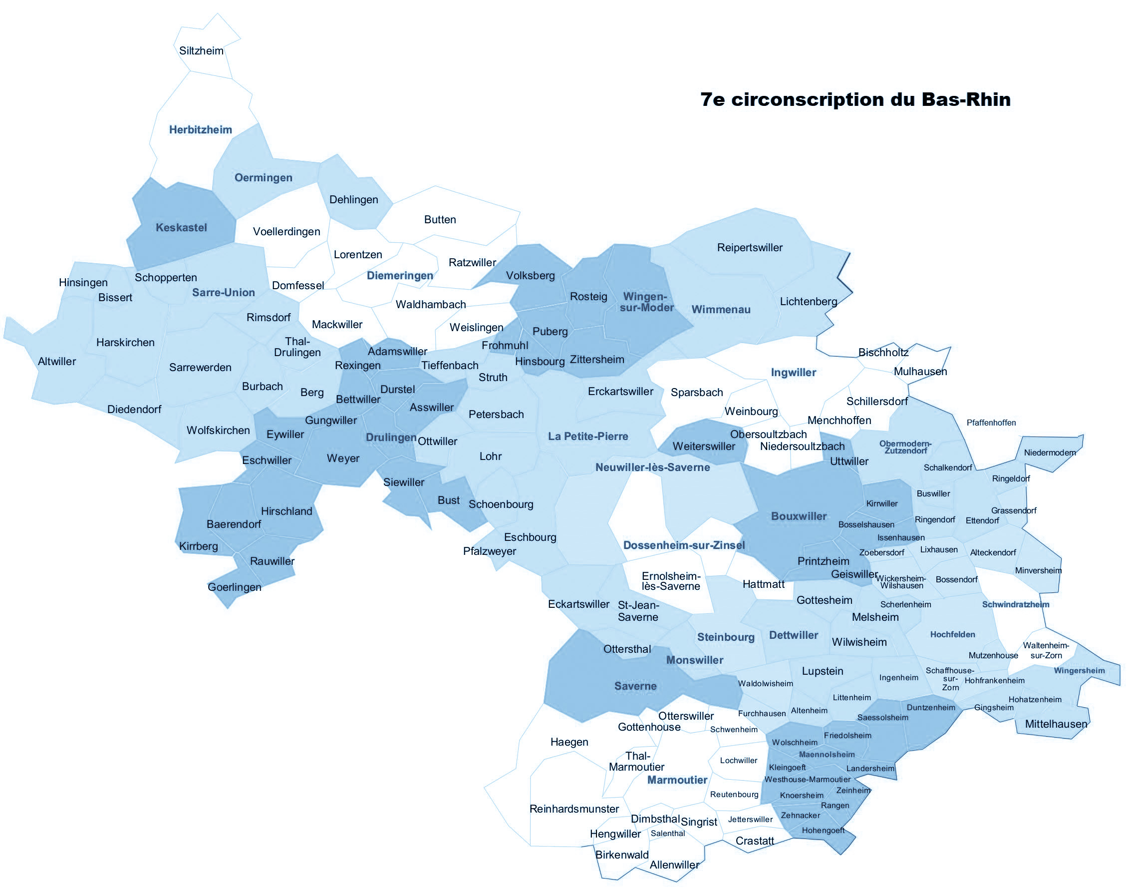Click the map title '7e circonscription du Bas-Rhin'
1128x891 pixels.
click(855, 99)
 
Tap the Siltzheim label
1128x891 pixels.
click(201, 50)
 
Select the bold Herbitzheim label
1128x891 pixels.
click(201, 129)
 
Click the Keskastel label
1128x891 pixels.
click(181, 227)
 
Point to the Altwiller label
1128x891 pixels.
click(57, 361)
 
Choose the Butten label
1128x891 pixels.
click(440, 220)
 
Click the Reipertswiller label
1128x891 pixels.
click(750, 247)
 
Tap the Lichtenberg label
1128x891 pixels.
click(809, 301)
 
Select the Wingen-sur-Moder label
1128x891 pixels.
click(646, 302)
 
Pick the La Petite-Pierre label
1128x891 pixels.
click(588, 436)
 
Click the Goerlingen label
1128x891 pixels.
click(235, 587)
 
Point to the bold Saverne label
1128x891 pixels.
click(635, 686)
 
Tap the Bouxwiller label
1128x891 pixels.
click(799, 516)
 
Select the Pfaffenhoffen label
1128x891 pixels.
click(991, 423)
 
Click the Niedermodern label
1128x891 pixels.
click(1050, 452)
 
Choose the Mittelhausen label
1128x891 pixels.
click(1056, 724)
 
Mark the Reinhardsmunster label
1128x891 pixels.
click(574, 809)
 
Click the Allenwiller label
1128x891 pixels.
click(674, 865)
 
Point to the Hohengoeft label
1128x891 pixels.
click(823, 830)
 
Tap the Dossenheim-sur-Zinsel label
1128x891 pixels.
click(684, 545)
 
